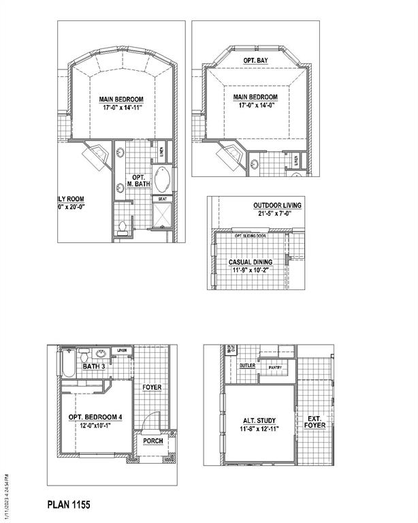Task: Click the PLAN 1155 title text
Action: point(68,505)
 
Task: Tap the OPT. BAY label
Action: point(257,61)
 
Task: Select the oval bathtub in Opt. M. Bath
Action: point(163,181)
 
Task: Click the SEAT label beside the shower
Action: point(163,199)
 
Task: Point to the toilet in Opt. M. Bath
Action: point(122,227)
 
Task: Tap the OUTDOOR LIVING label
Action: point(277,205)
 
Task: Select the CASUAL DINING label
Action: point(250,262)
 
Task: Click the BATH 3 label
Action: point(93,366)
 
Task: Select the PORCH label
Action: point(152,441)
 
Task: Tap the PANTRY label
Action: point(274,368)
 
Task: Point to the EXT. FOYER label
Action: point(316,422)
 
